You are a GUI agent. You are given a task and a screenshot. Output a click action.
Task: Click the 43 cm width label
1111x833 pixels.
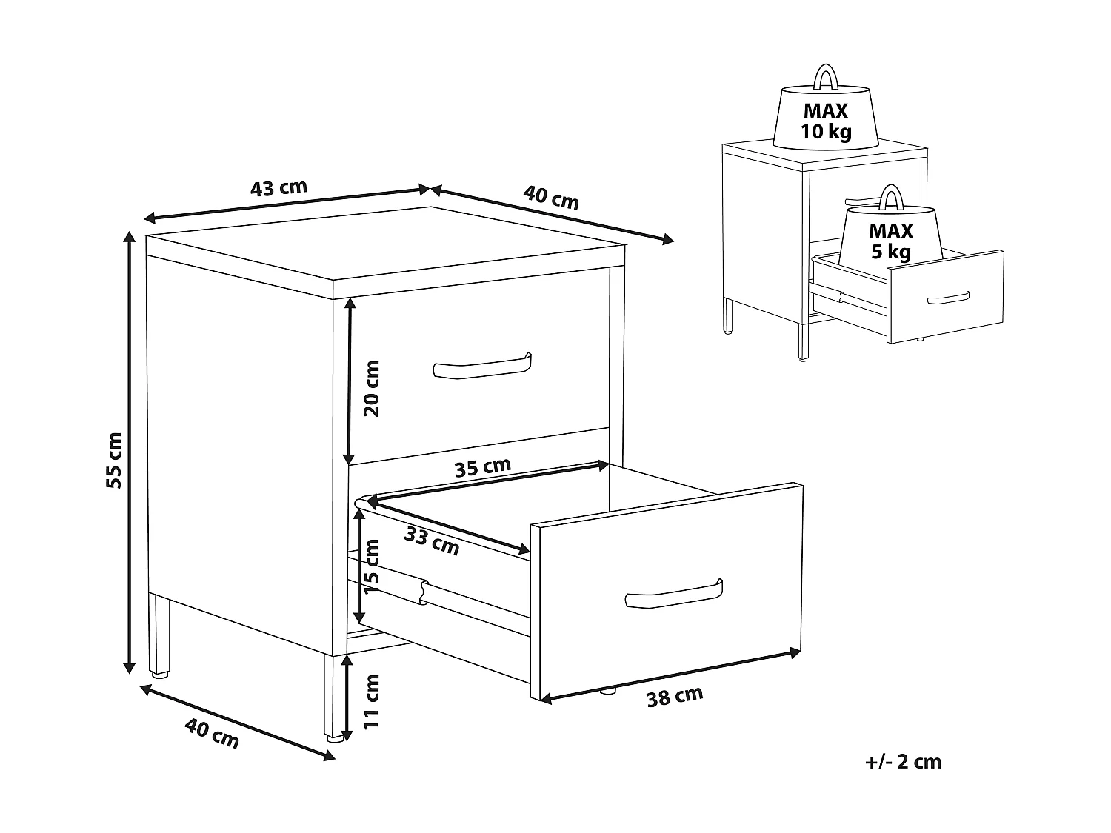tap(278, 188)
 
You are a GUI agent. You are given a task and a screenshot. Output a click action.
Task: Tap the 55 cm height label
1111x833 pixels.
tap(115, 459)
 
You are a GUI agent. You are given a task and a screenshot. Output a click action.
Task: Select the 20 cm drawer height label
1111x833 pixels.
tap(372, 388)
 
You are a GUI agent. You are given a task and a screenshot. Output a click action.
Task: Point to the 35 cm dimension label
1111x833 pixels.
tap(483, 467)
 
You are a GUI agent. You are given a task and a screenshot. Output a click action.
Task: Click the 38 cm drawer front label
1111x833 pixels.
tap(674, 697)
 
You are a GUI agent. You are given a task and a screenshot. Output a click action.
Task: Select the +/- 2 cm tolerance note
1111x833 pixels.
tap(902, 761)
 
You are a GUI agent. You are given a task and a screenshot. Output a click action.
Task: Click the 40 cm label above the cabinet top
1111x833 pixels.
tap(551, 198)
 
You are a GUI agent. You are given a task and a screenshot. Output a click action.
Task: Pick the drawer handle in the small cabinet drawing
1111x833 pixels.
tap(949, 297)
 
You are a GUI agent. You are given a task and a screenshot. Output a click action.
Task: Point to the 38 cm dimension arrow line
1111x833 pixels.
tap(671, 675)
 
